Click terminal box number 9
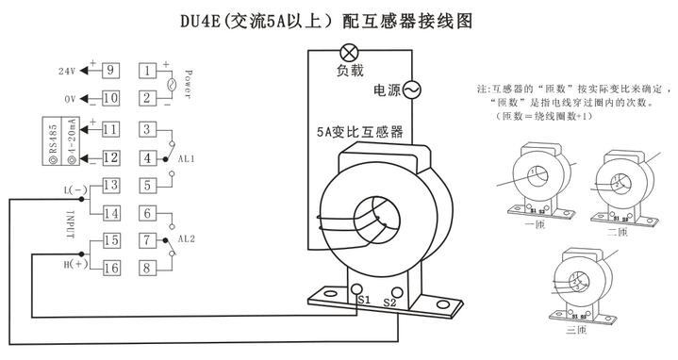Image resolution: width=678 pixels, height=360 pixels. (110, 70)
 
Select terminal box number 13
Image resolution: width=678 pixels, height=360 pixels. (110, 185)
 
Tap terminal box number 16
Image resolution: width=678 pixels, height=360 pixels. (110, 268)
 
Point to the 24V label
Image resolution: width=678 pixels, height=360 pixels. (66, 71)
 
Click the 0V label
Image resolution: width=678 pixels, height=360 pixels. (69, 98)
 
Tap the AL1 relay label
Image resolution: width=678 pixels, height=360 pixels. (186, 159)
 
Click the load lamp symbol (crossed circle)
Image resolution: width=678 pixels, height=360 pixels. (348, 51)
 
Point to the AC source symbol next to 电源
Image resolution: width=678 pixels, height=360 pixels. (411, 90)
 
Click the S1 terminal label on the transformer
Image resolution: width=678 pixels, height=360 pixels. (362, 300)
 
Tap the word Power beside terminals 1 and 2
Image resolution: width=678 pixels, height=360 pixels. (189, 83)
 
